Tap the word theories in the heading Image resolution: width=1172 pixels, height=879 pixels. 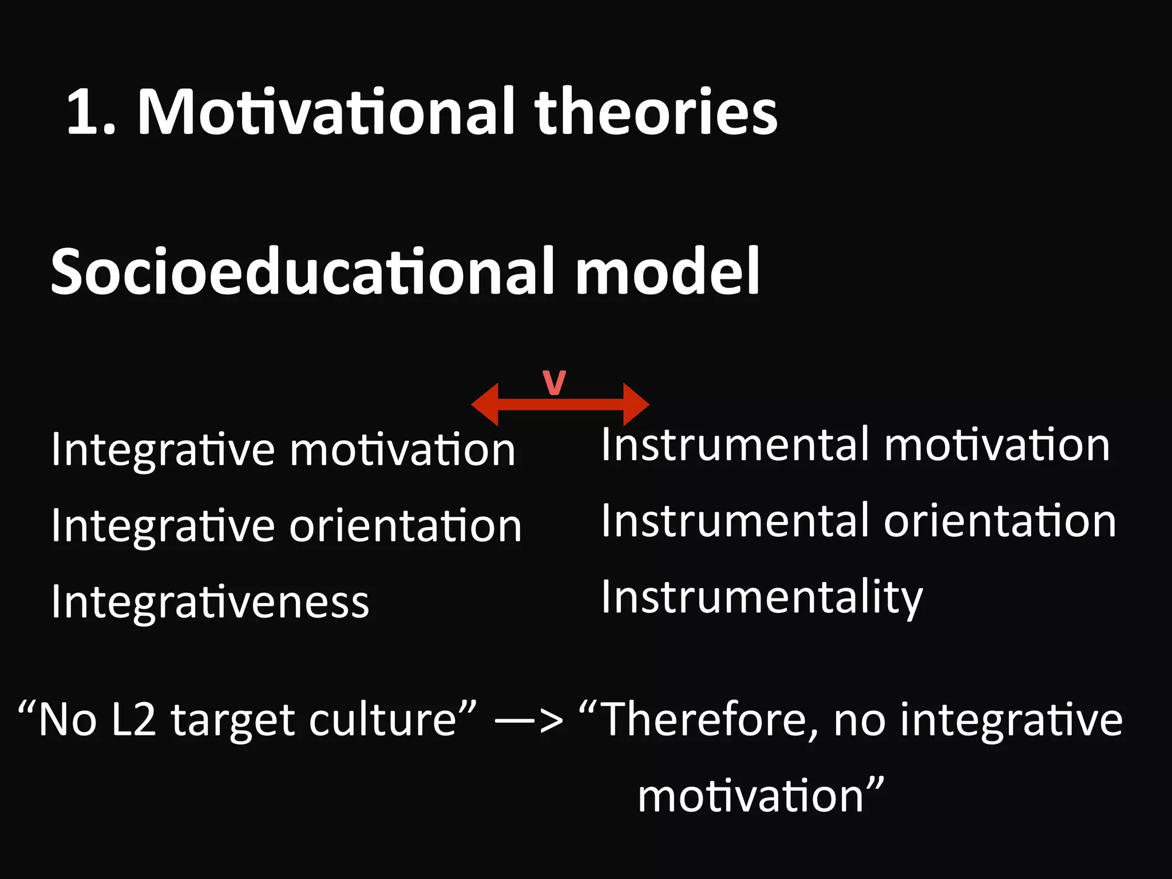click(x=656, y=112)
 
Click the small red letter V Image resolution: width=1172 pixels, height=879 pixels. click(x=554, y=383)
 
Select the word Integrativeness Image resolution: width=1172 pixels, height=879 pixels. click(x=210, y=602)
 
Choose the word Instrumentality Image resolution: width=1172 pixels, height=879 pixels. click(x=762, y=597)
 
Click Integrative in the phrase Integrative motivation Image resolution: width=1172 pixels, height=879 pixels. click(x=163, y=450)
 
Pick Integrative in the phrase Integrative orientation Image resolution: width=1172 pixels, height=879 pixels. click(x=163, y=526)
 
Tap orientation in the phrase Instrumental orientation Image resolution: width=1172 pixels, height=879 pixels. click(x=1000, y=521)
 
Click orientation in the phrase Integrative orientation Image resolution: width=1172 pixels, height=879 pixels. click(x=405, y=526)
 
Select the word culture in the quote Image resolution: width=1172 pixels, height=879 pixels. click(x=383, y=719)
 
